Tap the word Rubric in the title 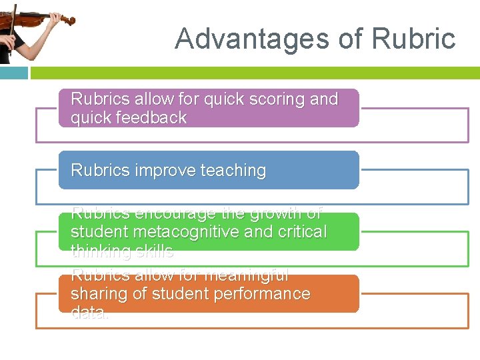[414, 39]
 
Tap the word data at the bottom [89, 313]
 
